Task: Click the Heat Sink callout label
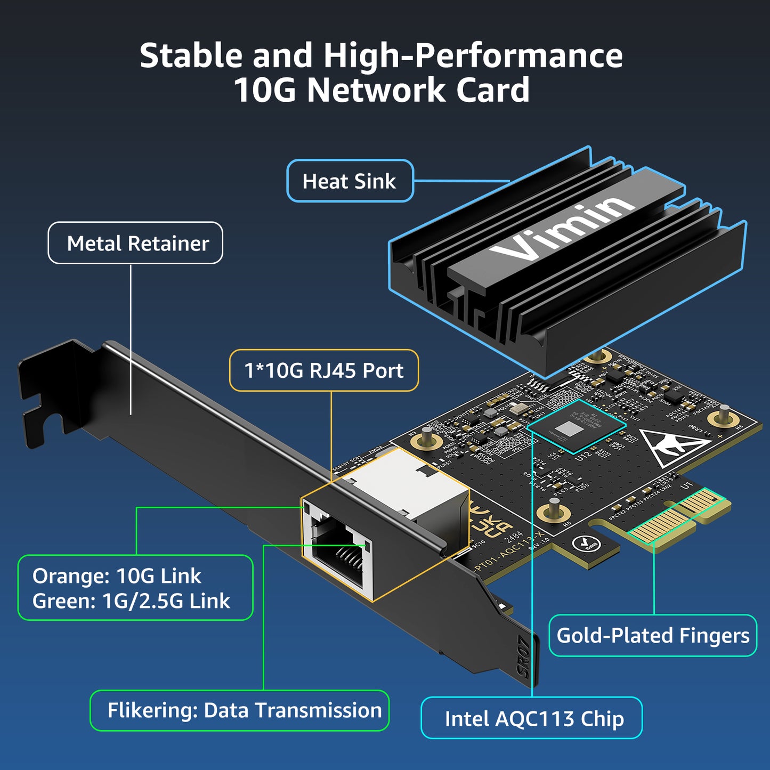350,181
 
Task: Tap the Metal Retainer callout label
137,244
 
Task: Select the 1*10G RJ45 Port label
323,370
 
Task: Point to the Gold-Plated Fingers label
652,635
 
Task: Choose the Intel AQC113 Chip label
533,718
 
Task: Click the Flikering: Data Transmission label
244,710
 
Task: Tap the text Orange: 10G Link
117,576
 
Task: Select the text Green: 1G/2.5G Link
131,601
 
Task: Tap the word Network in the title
376,90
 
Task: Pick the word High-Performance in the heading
473,55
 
